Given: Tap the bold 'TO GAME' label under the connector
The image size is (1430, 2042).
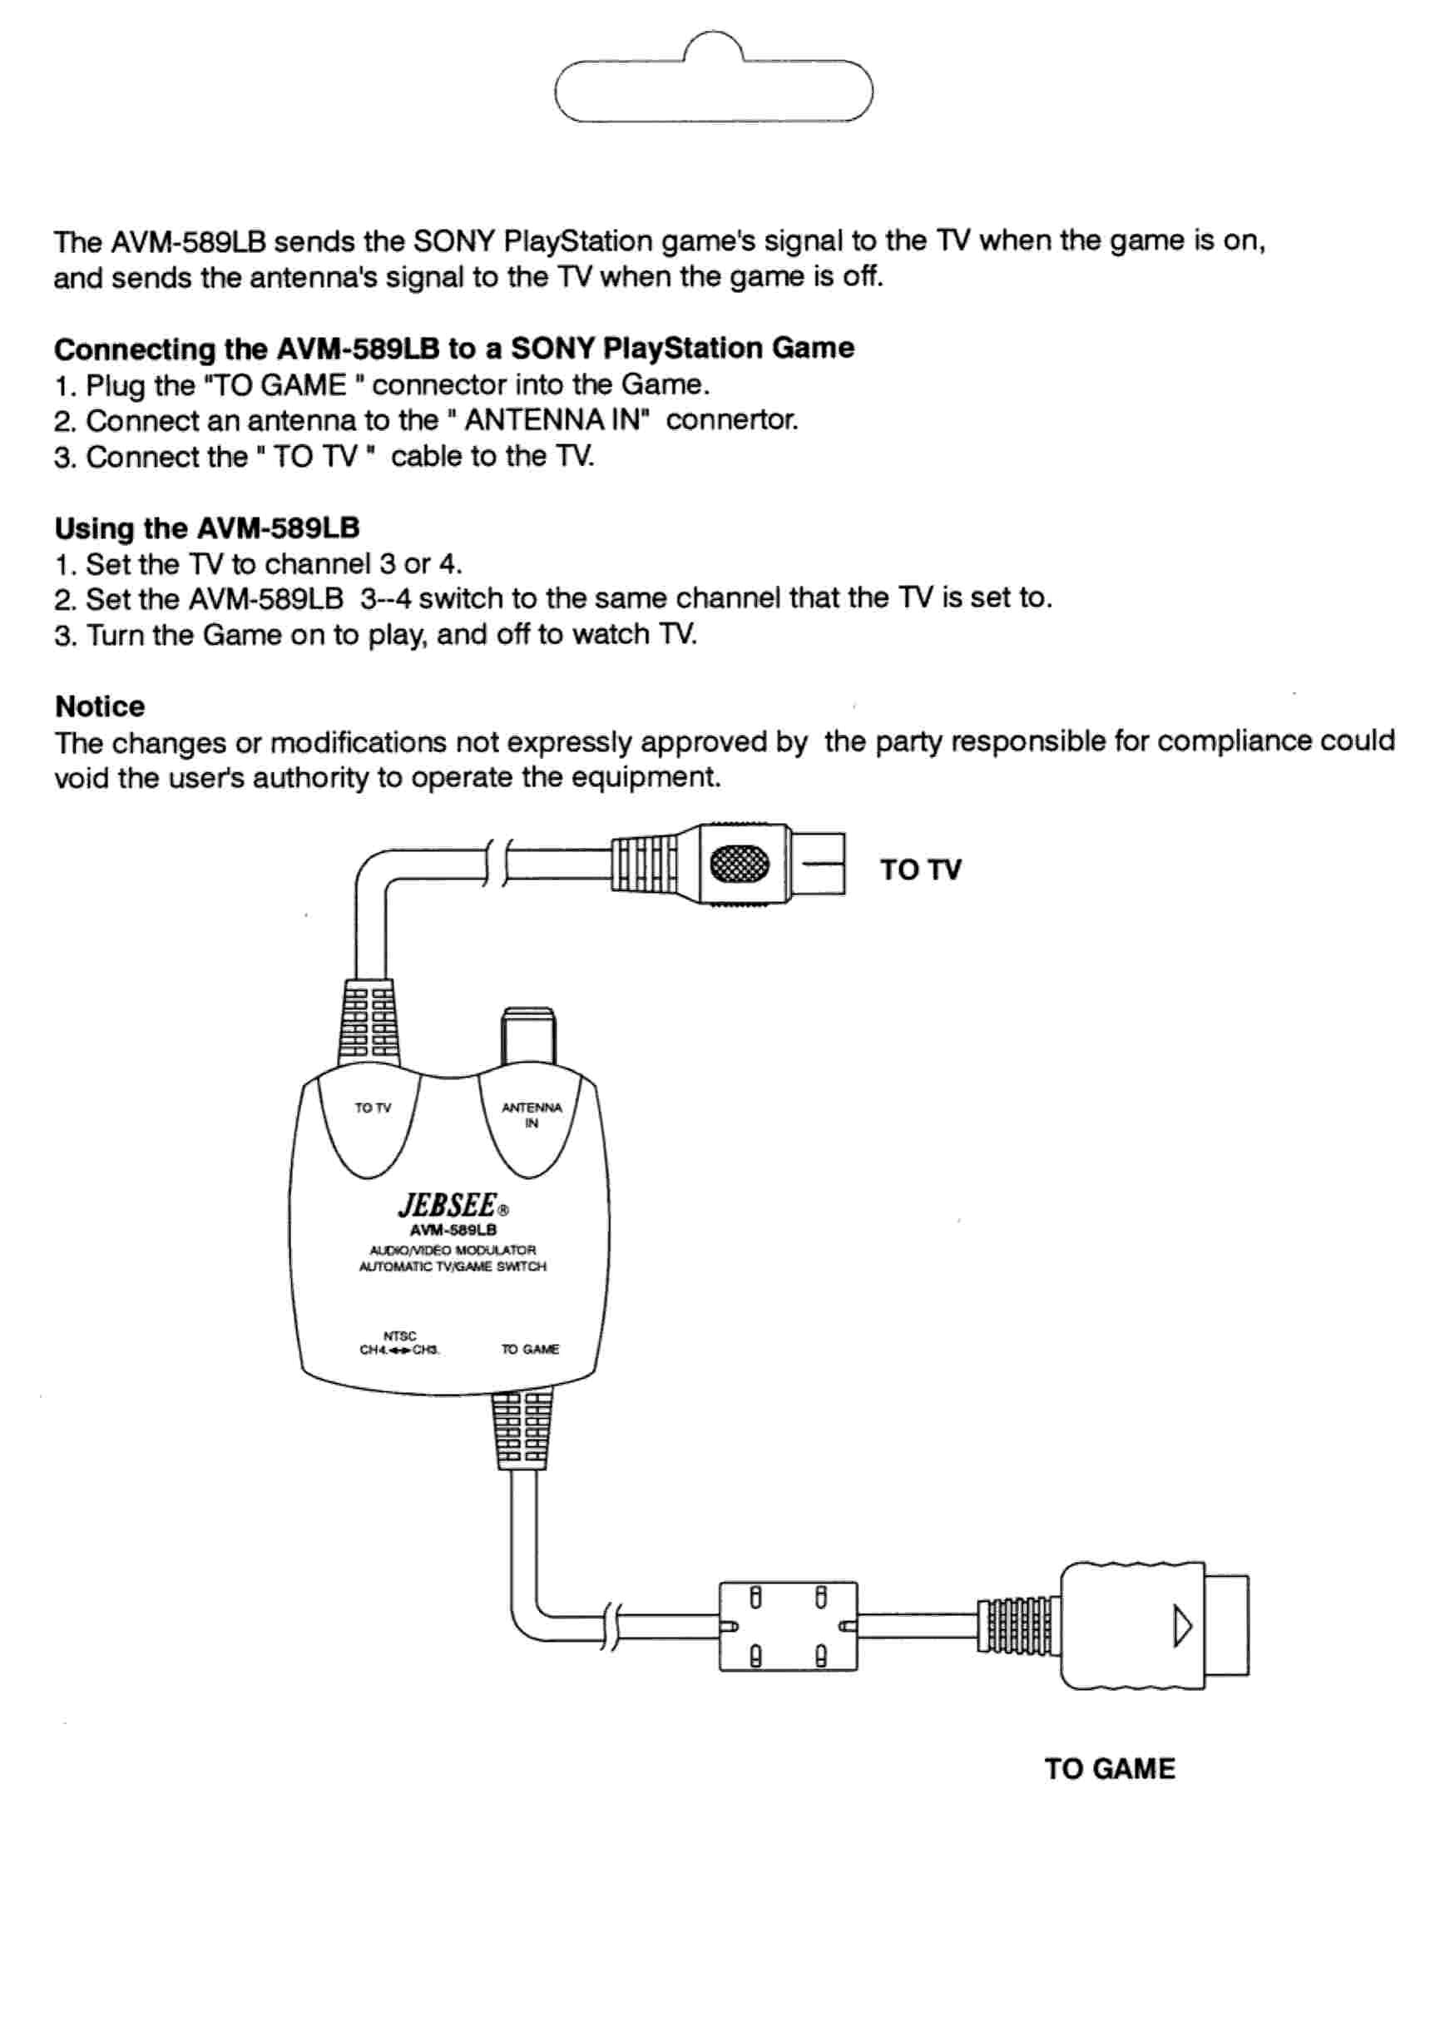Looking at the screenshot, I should pos(1109,1768).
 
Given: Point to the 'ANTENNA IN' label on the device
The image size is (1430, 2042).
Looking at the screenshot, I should pos(531,1114).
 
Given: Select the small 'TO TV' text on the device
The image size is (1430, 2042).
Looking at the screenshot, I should pos(373,1108).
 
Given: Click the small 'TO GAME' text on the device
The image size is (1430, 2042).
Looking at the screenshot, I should pos(530,1349).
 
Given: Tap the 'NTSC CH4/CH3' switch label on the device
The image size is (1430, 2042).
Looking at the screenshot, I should pos(399,1344).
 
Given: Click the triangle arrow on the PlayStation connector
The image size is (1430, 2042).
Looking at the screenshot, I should pos(1181,1626).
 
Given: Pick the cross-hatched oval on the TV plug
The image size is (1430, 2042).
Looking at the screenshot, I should pos(738,863).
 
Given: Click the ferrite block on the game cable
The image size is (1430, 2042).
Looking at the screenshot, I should pos(788,1626).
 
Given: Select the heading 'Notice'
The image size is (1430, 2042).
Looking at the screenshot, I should pos(100,706).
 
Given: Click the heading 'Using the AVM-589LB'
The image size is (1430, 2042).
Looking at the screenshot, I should pos(206,528).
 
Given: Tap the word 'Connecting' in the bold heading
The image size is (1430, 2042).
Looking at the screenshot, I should pos(133,349).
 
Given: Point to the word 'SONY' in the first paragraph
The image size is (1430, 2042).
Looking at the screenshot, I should pos(453,241).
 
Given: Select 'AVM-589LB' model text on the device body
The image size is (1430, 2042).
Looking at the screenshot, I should pos(453,1230).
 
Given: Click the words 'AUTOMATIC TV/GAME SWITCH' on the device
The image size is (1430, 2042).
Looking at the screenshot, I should pos(452,1266).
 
